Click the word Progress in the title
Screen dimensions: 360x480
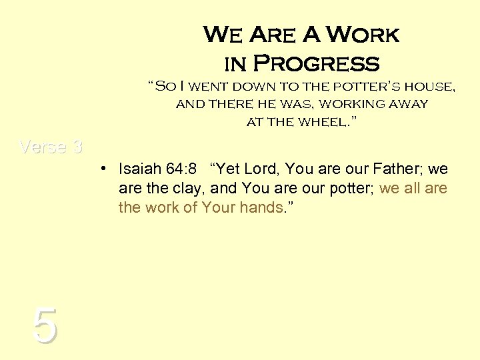click(317, 64)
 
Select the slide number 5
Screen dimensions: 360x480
click(44, 326)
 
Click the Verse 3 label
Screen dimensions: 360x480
click(51, 147)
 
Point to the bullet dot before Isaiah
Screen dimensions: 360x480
click(106, 169)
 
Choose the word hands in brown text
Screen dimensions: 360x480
click(263, 207)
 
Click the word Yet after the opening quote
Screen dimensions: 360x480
click(227, 169)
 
